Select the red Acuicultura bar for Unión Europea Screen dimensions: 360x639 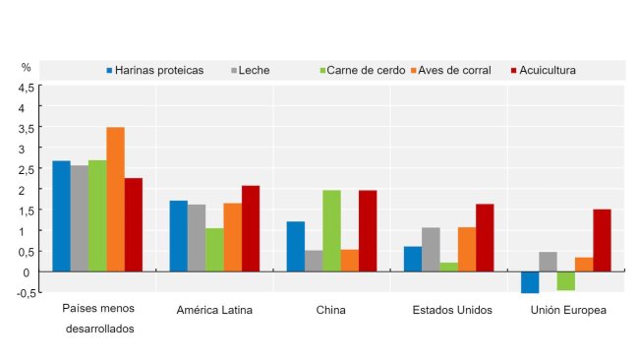click(x=602, y=240)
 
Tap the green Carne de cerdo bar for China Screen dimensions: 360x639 click(x=331, y=230)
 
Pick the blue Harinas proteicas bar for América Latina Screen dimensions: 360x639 click(x=178, y=236)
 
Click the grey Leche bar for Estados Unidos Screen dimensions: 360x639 click(x=431, y=249)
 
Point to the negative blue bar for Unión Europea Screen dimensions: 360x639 click(x=530, y=282)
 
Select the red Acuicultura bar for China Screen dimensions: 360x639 click(x=368, y=230)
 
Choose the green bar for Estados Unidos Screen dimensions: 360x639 click(x=448, y=267)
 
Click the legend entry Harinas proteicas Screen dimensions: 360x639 click(x=158, y=71)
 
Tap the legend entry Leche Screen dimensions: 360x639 click(x=253, y=71)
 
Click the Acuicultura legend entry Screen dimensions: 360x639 click(x=547, y=71)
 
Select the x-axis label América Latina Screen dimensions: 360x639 click(x=214, y=311)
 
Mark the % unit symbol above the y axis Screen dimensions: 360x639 click(x=27, y=67)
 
